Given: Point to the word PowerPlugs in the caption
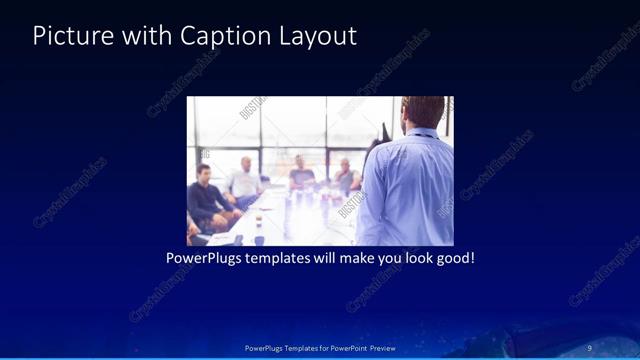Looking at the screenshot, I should point(204,258).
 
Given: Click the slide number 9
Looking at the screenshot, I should point(589,348).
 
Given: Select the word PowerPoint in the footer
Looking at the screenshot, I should point(341,348).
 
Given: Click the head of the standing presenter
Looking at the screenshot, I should point(423,113).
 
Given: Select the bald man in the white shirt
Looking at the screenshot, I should point(244,180).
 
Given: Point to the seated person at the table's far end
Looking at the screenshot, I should point(300,174).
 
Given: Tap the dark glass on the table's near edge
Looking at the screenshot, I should point(258,239).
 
